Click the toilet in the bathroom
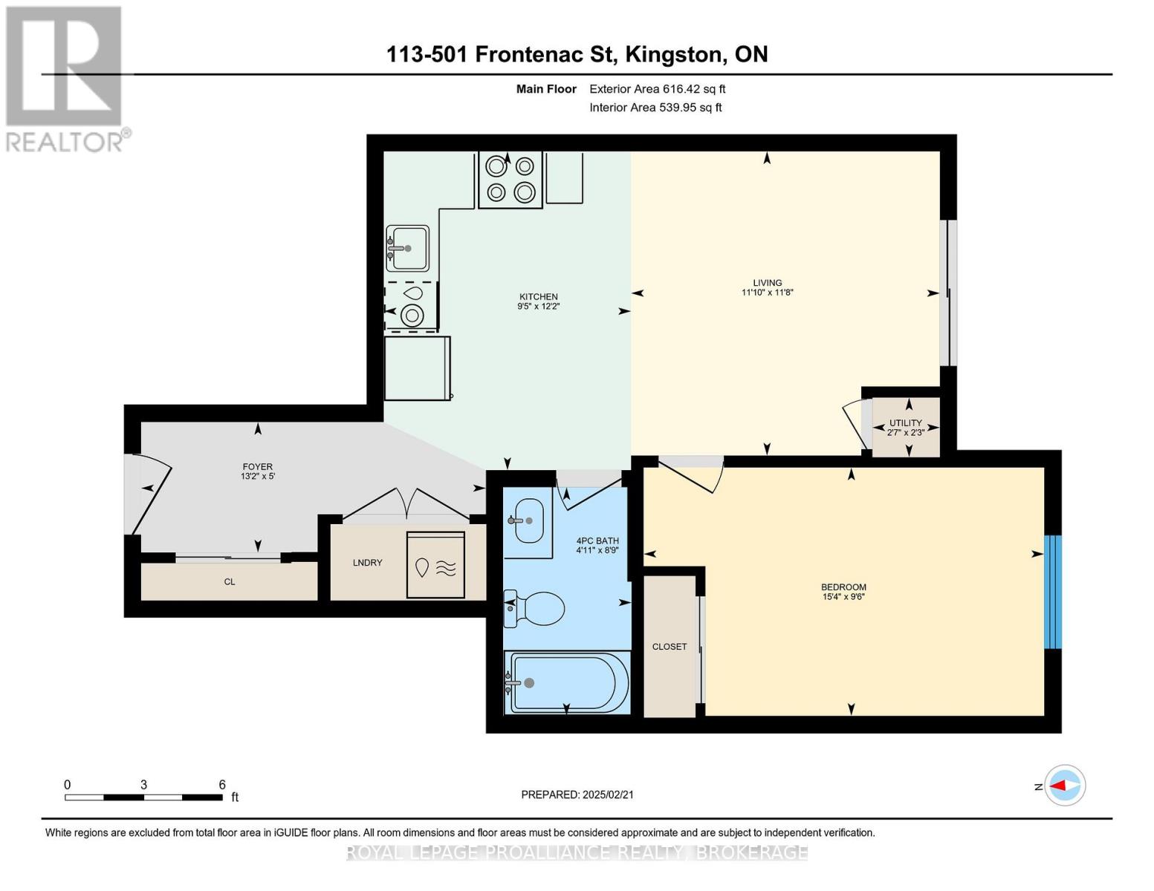click(534, 609)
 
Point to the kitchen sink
click(407, 248)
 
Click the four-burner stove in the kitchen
click(510, 180)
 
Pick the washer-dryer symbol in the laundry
click(435, 565)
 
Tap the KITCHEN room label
click(539, 297)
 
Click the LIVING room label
click(768, 283)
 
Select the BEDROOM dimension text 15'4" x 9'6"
click(843, 596)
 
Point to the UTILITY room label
click(906, 423)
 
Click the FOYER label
click(258, 467)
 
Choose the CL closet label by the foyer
click(230, 581)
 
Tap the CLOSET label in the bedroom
click(670, 647)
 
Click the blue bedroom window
click(1052, 592)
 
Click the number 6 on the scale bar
click(222, 784)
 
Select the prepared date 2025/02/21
click(608, 794)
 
